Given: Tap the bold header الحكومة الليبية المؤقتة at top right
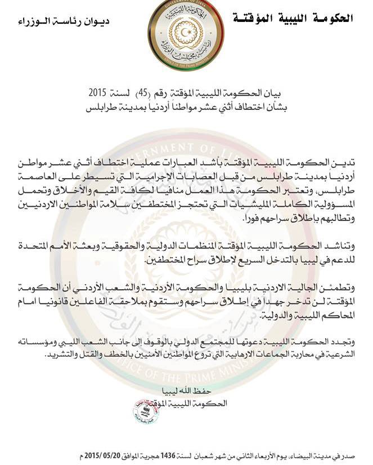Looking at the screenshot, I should [293, 18].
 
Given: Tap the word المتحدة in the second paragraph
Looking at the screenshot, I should [44, 246].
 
